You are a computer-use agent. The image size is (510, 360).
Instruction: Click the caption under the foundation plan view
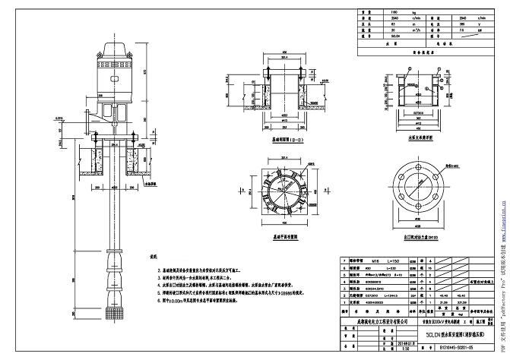pyautogui.click(x=285, y=236)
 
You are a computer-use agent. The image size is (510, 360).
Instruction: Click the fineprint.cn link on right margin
pyautogui.click(x=502, y=220)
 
